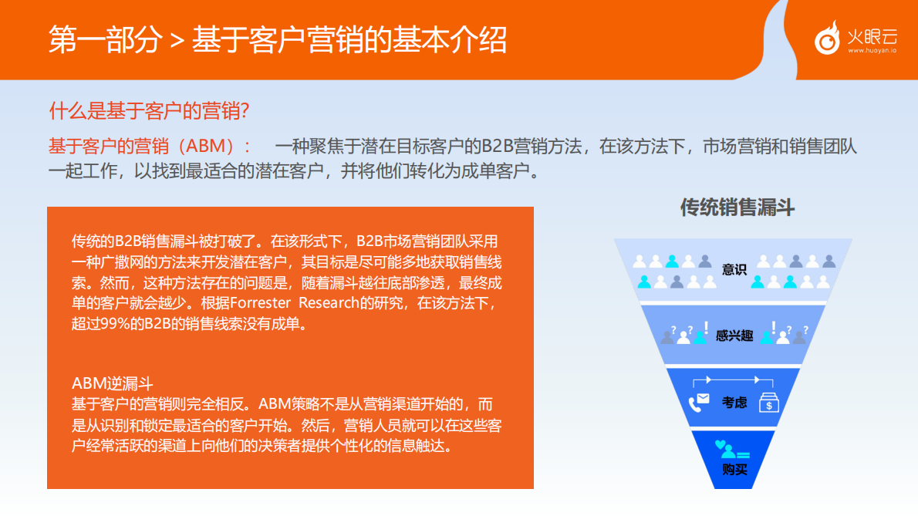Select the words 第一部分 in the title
tap(105, 39)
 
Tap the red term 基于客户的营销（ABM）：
tap(150, 147)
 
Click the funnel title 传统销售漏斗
tap(737, 207)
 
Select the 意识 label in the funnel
tap(734, 269)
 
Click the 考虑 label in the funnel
tap(734, 402)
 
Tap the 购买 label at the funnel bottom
tap(734, 469)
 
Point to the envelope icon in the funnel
tap(703, 399)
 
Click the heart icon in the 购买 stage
tap(721, 445)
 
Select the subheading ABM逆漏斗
tap(113, 383)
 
